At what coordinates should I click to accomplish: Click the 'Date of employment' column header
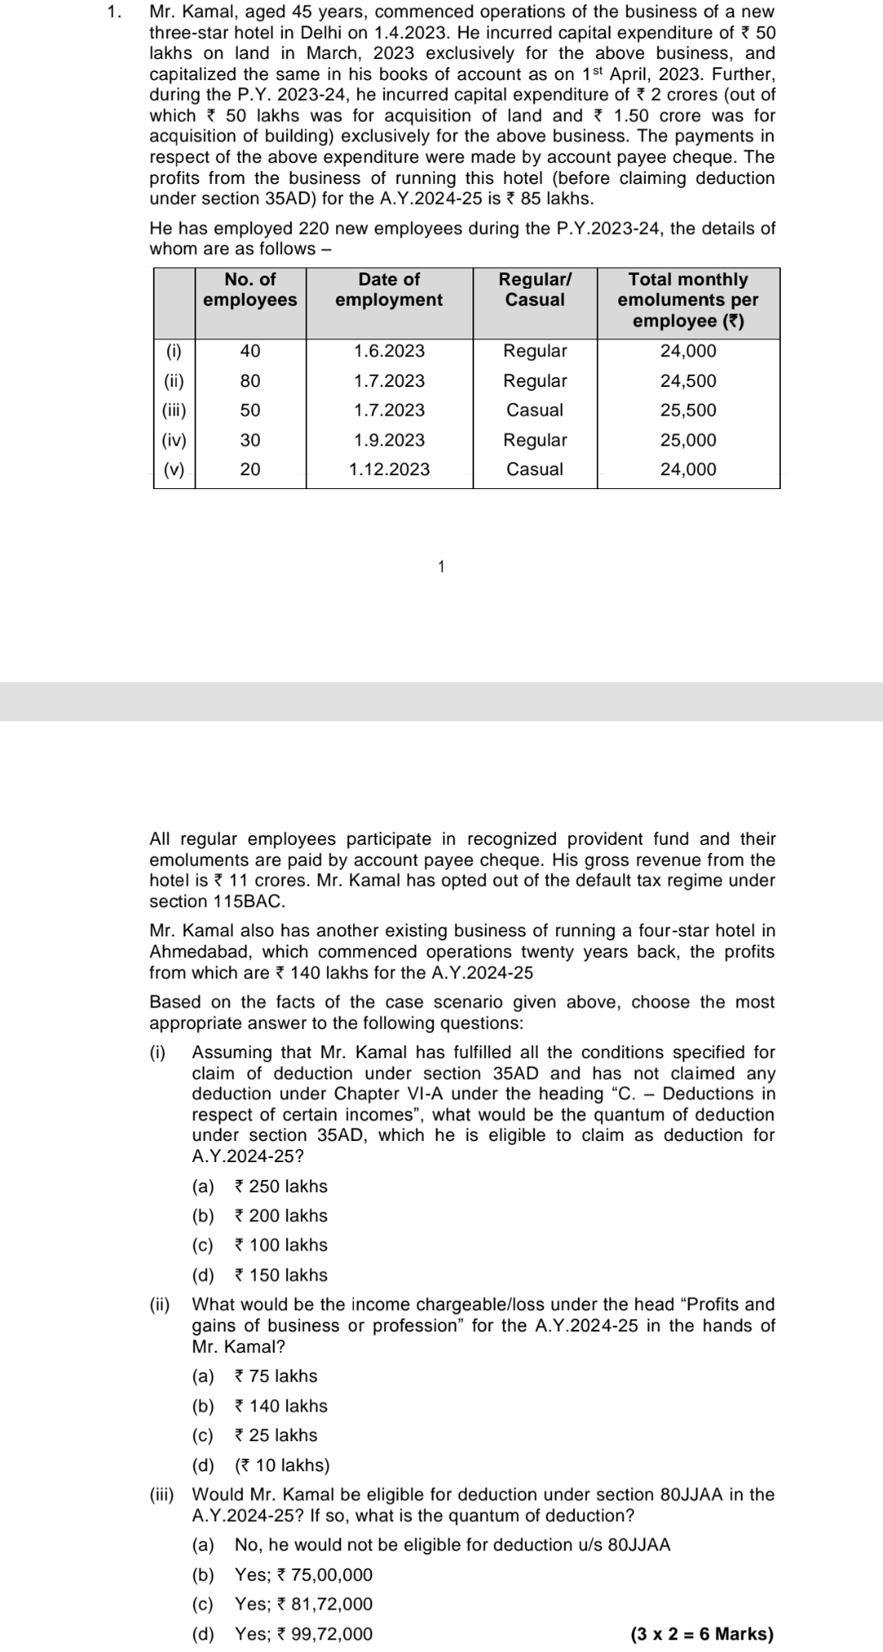[x=389, y=290]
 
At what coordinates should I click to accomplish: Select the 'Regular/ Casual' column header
[x=535, y=290]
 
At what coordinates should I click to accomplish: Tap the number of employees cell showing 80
[x=250, y=381]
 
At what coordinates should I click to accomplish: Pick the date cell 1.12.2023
[x=389, y=469]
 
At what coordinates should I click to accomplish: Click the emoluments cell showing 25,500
[x=688, y=411]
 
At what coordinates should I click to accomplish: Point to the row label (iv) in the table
[x=174, y=440]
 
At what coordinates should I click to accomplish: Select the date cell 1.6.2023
[x=389, y=352]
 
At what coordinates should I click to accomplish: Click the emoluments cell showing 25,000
[x=688, y=440]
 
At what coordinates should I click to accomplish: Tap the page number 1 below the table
[x=441, y=566]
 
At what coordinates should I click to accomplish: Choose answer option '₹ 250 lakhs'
[x=280, y=1187]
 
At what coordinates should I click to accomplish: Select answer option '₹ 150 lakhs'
[x=280, y=1275]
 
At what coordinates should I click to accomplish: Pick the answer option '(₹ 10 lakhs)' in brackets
[x=282, y=1465]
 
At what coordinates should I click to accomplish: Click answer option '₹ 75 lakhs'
[x=276, y=1376]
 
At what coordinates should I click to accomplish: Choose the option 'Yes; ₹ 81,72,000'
[x=303, y=1604]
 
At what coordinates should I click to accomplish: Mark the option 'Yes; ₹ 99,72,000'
[x=303, y=1634]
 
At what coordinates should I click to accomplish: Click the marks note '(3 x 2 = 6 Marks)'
[x=702, y=1634]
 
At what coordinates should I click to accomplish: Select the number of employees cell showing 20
[x=250, y=469]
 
